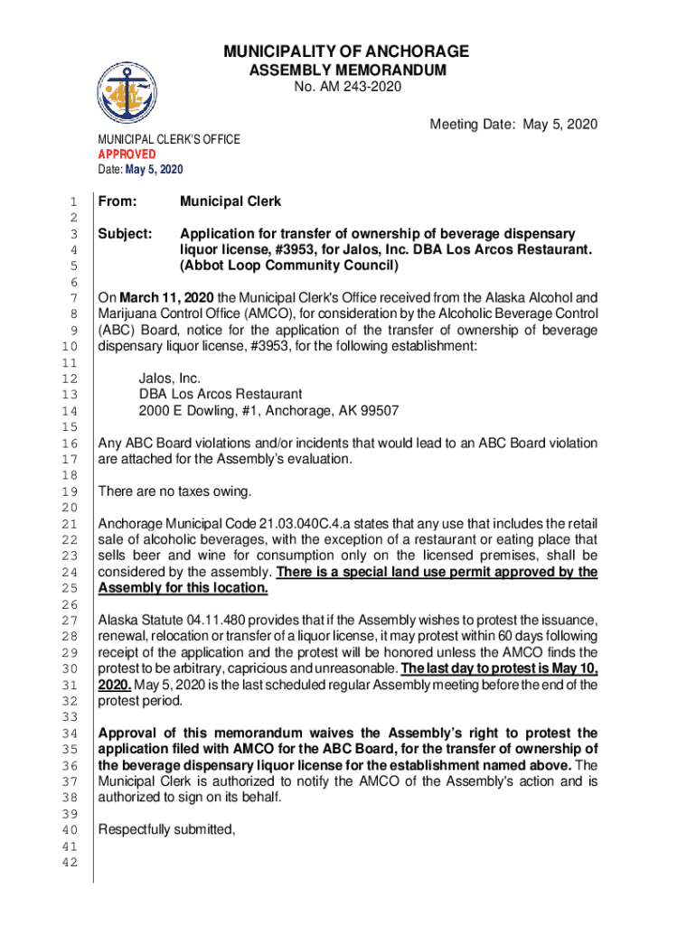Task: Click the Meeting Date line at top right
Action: click(513, 124)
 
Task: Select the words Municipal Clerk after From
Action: click(230, 201)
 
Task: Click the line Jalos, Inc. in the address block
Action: click(169, 378)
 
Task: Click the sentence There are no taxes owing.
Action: click(174, 491)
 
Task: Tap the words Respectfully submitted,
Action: click(166, 829)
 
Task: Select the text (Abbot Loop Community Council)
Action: click(288, 266)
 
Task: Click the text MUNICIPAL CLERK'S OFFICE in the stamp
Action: click(169, 139)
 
